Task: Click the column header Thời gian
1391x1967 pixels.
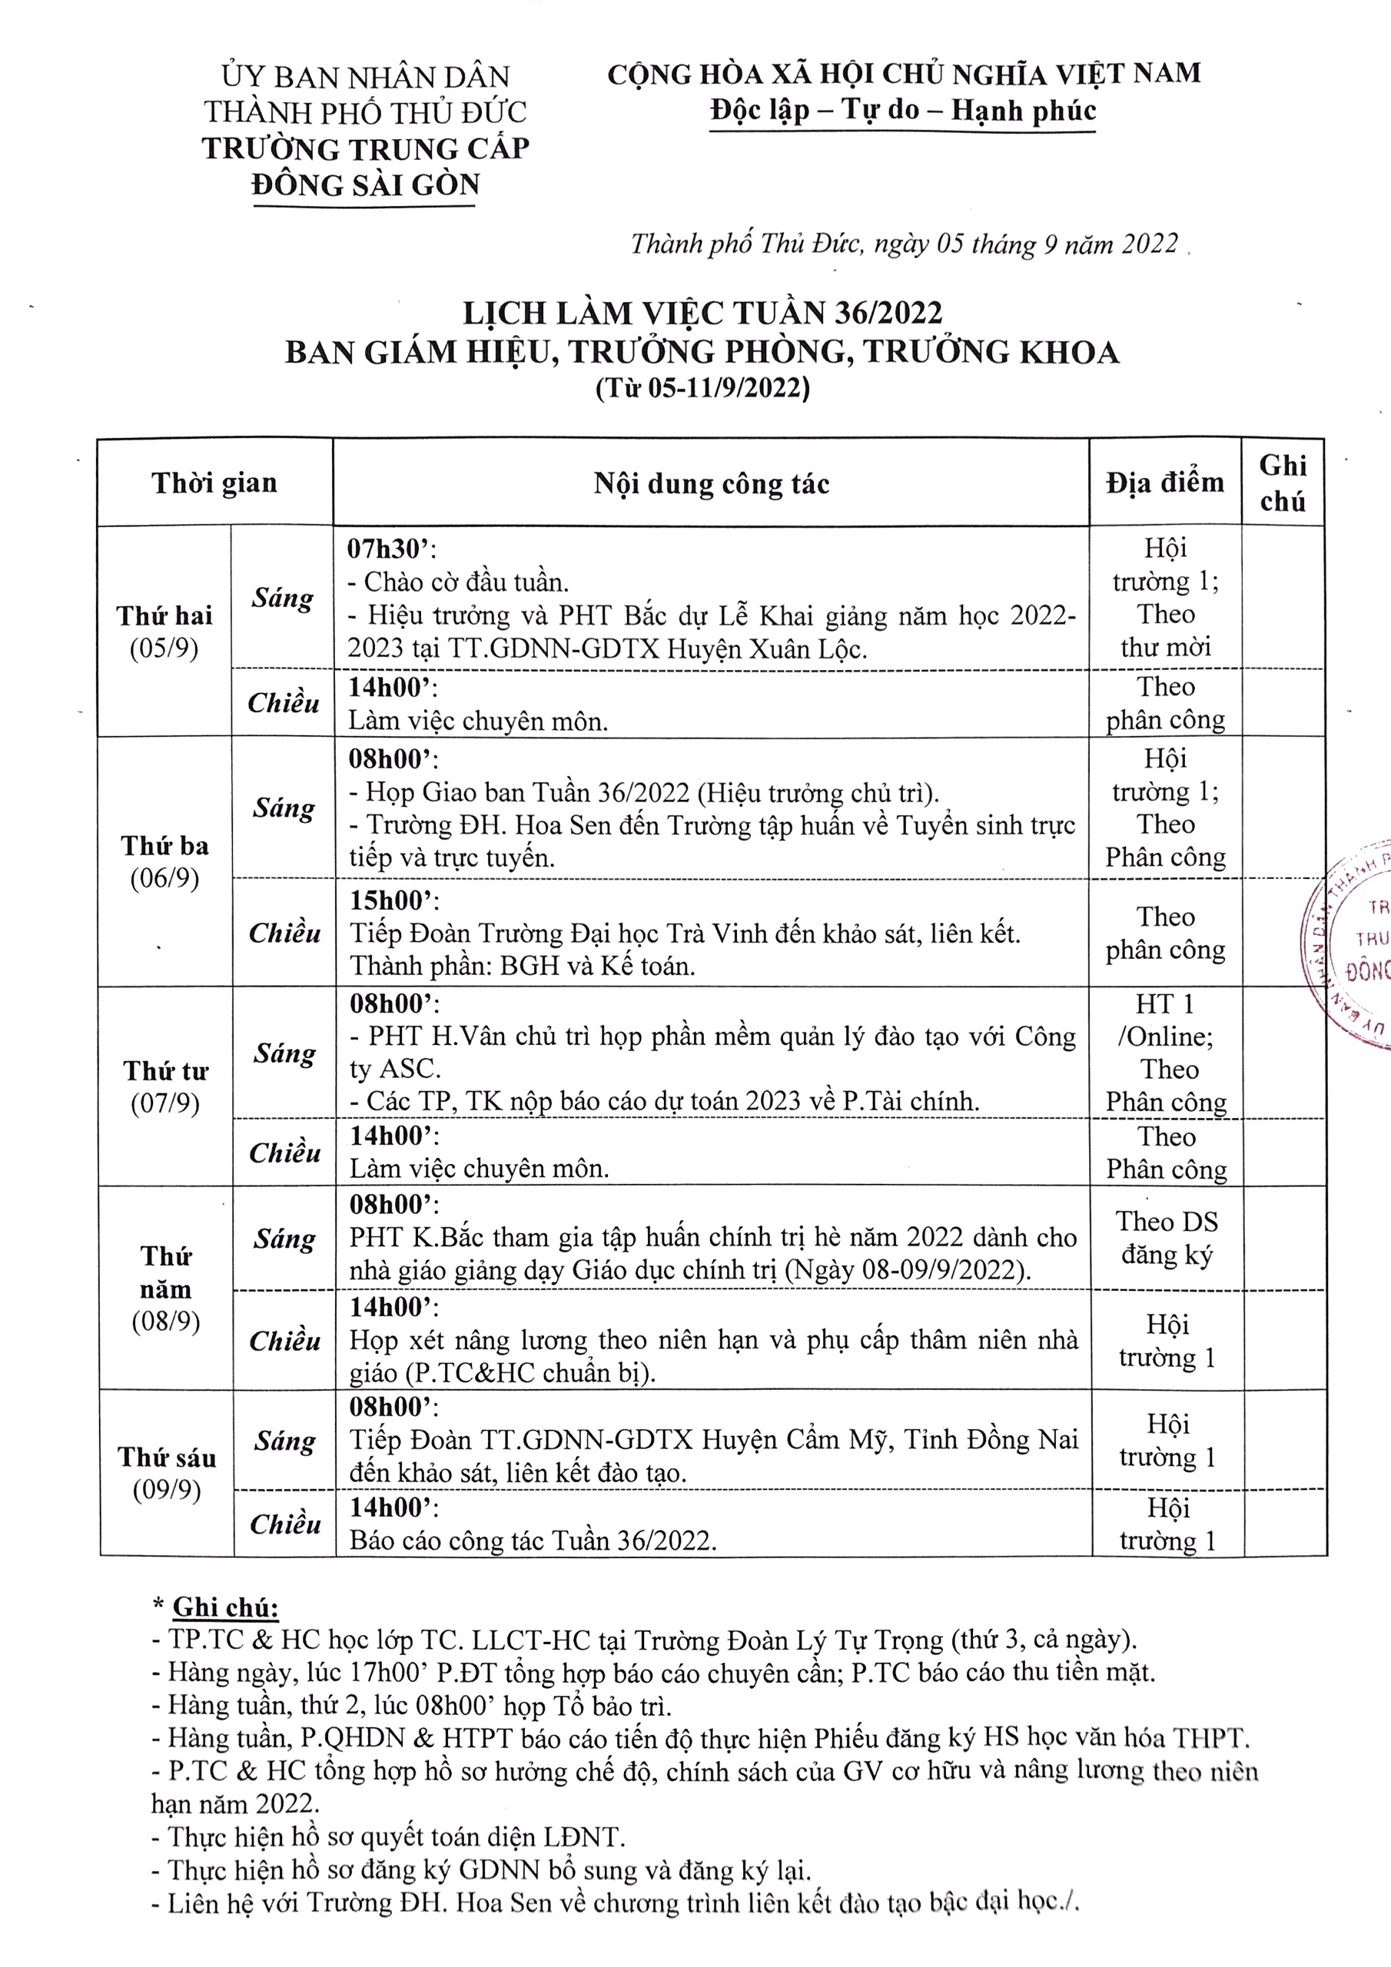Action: [x=214, y=483]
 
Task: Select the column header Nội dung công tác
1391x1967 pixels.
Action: [x=712, y=484]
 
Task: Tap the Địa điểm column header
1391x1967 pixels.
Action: [x=1165, y=483]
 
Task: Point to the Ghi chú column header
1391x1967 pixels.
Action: [x=1282, y=483]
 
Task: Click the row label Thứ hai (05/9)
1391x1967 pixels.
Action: [x=164, y=632]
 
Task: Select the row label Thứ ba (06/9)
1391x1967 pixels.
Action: [x=164, y=862]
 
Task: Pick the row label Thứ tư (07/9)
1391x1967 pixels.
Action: [x=165, y=1086]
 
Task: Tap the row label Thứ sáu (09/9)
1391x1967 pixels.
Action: [x=167, y=1474]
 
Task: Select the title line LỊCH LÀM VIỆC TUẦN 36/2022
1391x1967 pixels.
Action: [x=702, y=313]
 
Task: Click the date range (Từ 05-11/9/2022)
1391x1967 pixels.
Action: [x=702, y=389]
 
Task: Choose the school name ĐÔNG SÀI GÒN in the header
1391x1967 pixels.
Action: [x=366, y=185]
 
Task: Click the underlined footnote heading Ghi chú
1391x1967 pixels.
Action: [x=225, y=1607]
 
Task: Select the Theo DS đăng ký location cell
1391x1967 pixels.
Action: [x=1167, y=1238]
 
